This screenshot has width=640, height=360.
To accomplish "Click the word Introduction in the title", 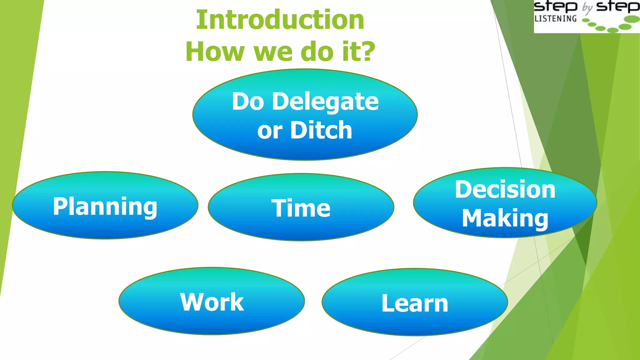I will click(280, 20).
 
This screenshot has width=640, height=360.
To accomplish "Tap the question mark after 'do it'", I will click(368, 51).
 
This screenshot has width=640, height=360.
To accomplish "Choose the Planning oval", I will click(105, 206).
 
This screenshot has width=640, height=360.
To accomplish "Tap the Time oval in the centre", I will click(301, 207).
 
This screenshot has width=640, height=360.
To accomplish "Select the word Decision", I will click(505, 189).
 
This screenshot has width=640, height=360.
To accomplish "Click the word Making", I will click(505, 218).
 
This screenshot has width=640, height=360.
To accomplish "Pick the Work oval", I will click(212, 301).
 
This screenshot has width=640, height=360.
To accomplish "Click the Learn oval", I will click(415, 302).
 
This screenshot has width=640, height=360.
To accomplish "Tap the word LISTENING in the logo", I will click(556, 19).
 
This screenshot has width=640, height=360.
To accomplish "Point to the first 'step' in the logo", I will click(555, 6).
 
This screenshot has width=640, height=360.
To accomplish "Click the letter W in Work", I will click(191, 302).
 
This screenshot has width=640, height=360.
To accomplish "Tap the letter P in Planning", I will click(60, 206).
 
